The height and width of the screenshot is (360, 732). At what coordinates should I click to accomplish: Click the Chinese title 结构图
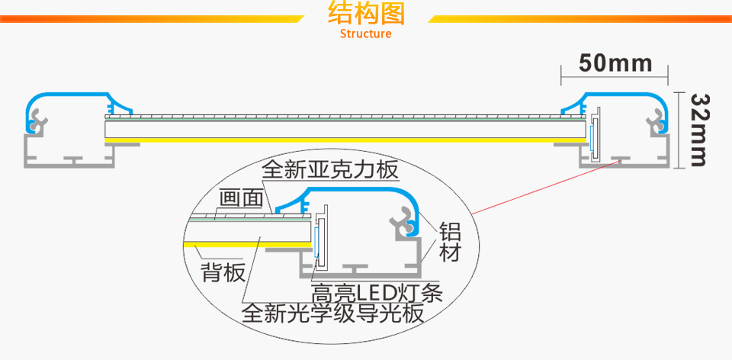(366, 14)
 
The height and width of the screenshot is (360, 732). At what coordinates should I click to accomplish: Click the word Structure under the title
(366, 34)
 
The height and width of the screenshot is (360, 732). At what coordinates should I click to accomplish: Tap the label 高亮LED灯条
(377, 292)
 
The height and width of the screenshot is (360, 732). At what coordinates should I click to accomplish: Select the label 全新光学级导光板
(332, 313)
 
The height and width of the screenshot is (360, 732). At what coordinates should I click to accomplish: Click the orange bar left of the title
(152, 18)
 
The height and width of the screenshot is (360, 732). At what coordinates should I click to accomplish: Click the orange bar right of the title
(579, 18)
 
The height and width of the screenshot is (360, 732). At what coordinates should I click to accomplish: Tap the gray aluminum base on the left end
(69, 156)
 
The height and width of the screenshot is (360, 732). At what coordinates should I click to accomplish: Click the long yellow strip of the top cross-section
(343, 140)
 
